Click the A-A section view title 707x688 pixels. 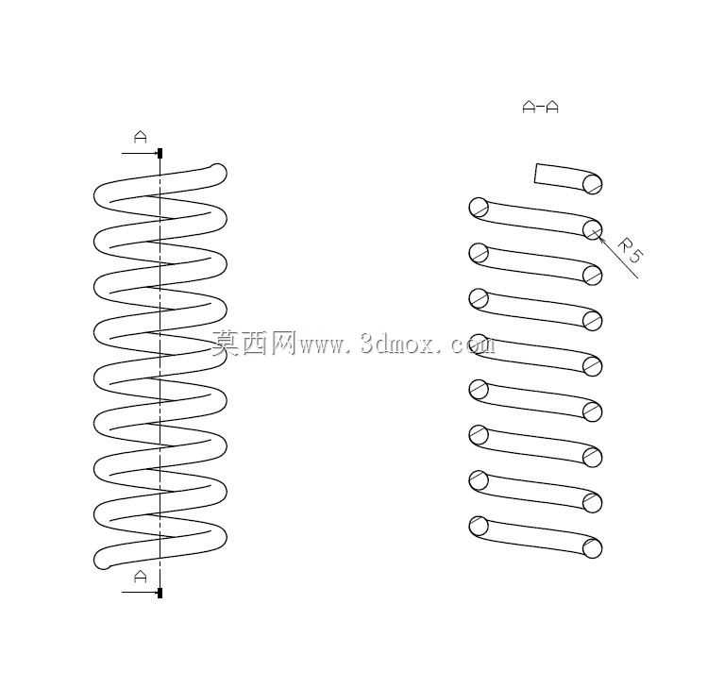540,108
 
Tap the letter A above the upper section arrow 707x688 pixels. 141,137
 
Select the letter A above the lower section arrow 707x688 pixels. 141,577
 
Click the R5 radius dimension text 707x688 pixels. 630,250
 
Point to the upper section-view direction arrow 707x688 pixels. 140,154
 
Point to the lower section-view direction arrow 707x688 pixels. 140,593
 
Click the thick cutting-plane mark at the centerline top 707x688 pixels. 160,153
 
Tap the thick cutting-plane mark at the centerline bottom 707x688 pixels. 160,593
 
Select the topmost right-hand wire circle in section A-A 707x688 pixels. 592,184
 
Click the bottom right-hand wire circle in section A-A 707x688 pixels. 592,548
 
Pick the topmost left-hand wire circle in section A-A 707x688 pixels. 479,208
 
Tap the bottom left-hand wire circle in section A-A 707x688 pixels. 479,526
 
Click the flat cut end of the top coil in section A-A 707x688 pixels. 535,174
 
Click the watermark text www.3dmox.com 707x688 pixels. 396,344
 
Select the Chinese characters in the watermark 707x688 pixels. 254,344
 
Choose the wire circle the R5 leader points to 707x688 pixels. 592,229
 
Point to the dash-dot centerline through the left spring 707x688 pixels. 160,374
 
